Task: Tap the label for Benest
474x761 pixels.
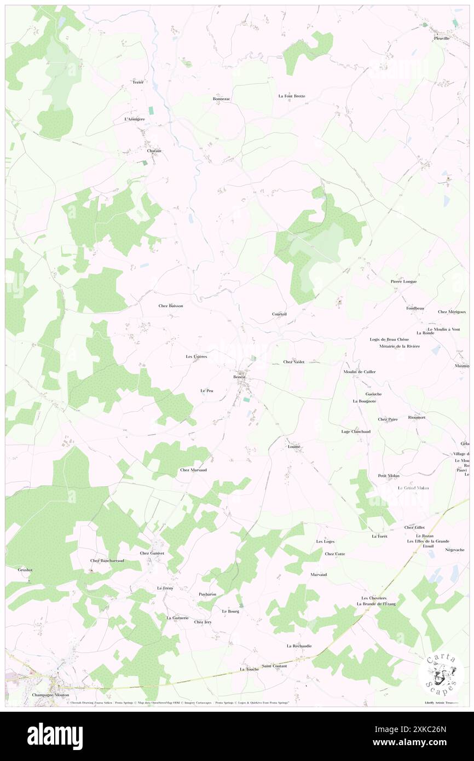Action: click(x=239, y=377)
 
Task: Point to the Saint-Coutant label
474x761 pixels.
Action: click(x=274, y=666)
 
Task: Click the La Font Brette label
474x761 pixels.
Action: click(x=291, y=96)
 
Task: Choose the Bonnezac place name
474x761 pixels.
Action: click(x=222, y=99)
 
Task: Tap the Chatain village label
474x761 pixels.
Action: click(x=154, y=150)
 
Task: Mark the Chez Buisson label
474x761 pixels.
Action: click(x=171, y=306)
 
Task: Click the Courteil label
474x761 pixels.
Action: click(x=279, y=314)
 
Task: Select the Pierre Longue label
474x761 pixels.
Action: click(x=403, y=281)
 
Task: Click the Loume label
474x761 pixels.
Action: click(x=294, y=446)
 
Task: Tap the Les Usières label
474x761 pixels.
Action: click(x=196, y=357)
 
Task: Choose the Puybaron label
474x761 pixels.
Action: click(x=207, y=594)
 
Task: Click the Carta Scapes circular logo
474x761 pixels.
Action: click(x=441, y=674)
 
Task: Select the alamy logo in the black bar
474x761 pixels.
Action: click(x=55, y=736)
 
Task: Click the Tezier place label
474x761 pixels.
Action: click(x=137, y=82)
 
